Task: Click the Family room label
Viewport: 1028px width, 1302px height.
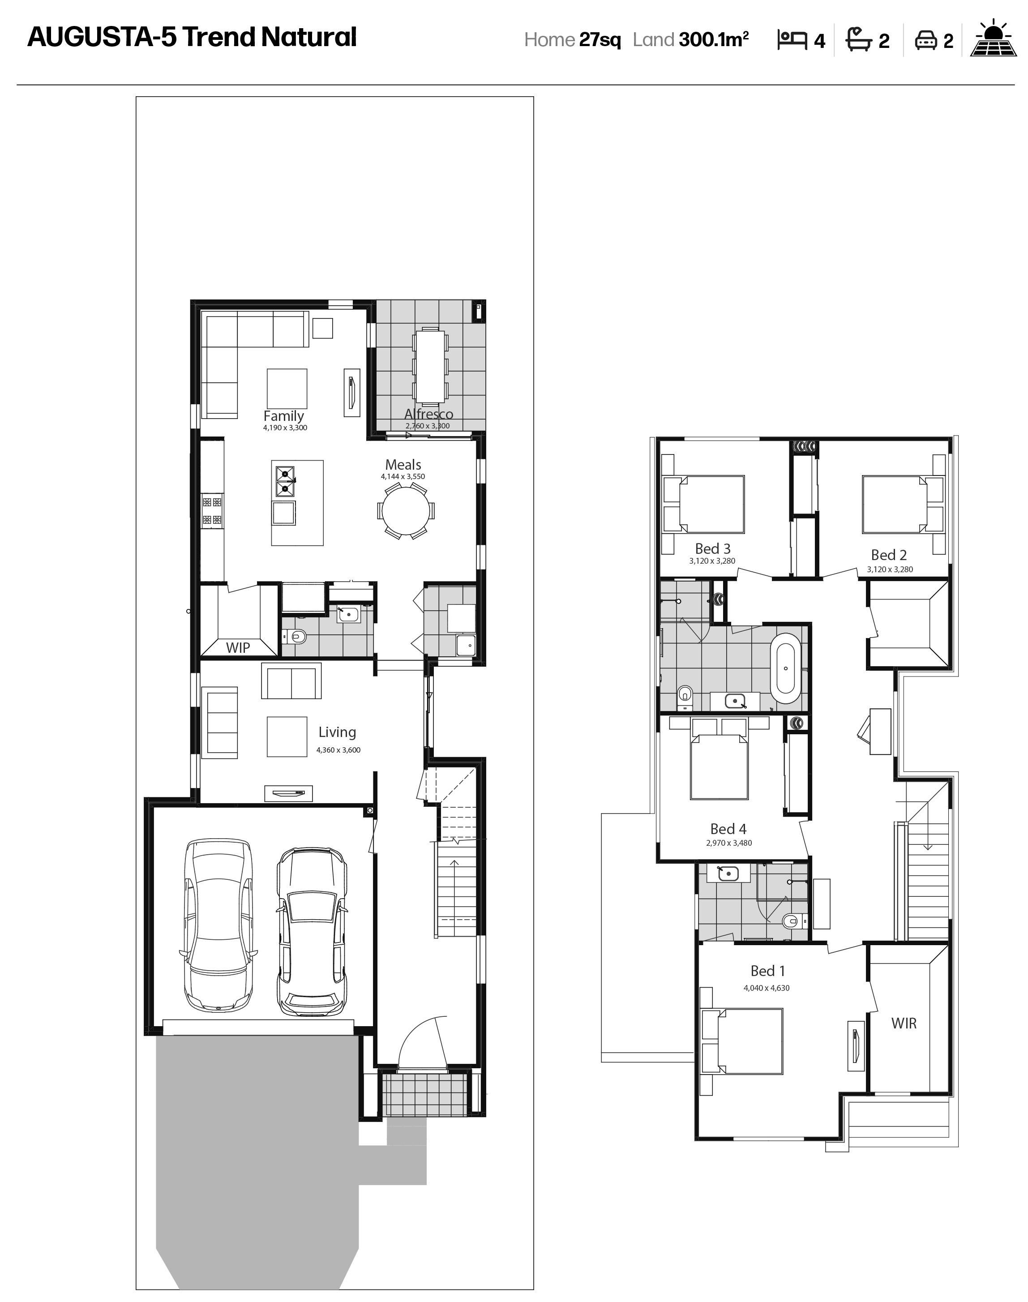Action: (x=283, y=416)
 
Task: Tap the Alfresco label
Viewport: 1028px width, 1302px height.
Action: (x=428, y=414)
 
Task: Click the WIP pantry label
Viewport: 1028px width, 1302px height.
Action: (x=238, y=648)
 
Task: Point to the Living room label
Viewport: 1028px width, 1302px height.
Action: (x=337, y=732)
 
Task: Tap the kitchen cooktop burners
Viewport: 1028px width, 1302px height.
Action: (x=212, y=511)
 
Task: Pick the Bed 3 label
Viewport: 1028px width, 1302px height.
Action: (x=713, y=549)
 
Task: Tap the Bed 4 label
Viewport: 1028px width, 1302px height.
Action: (x=728, y=829)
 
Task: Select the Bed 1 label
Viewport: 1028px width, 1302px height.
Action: (x=767, y=971)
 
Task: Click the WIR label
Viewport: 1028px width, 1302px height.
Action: (x=904, y=1024)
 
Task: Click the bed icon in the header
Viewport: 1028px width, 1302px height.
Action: (x=792, y=40)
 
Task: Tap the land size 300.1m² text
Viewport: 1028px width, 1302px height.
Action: (x=714, y=40)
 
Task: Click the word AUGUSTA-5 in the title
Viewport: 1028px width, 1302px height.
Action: (x=102, y=37)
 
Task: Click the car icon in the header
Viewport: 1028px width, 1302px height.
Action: (x=925, y=40)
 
